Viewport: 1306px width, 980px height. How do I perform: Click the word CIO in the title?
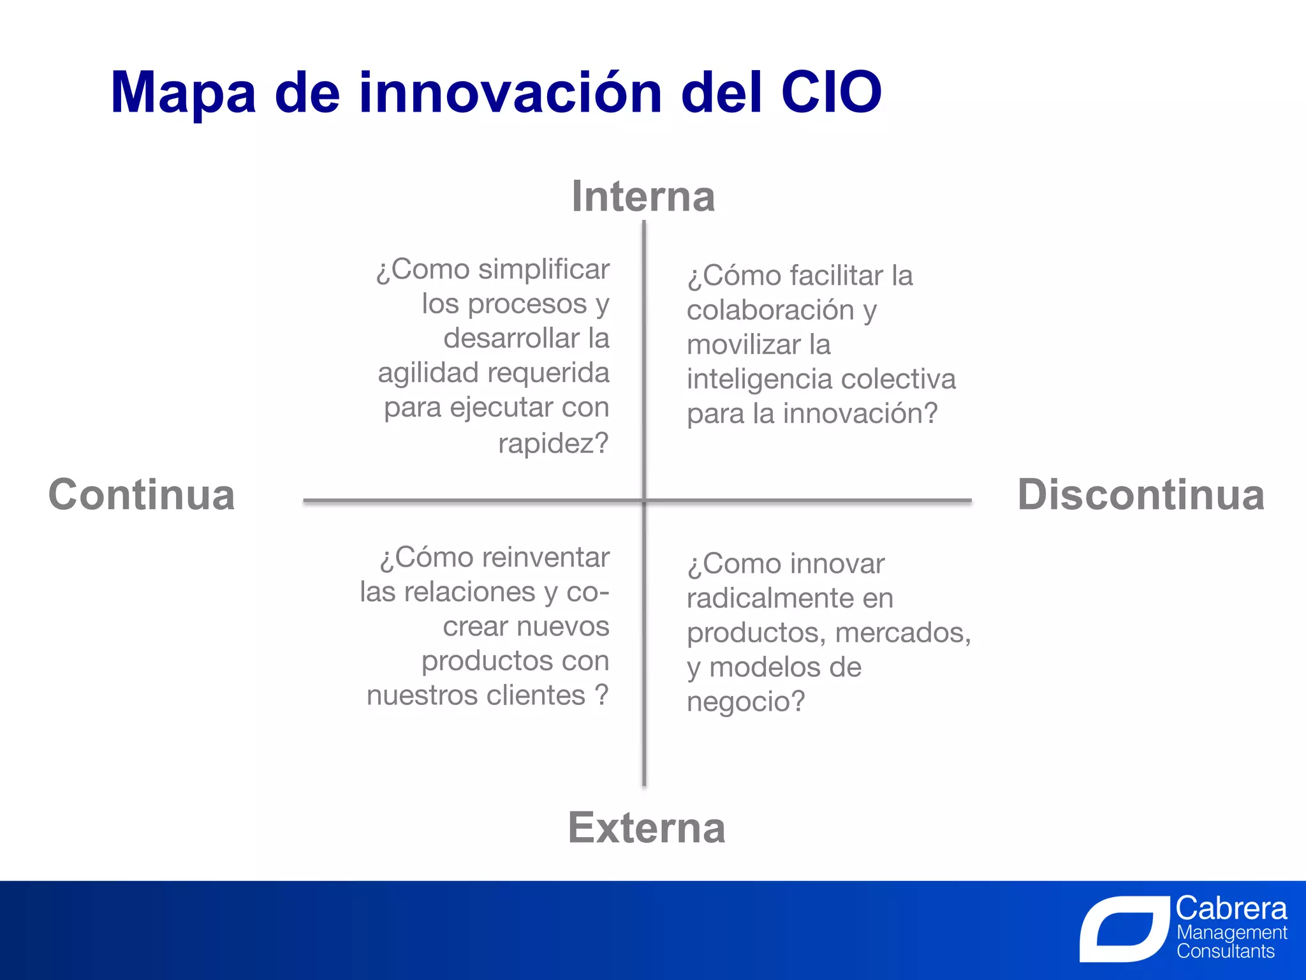pos(831,93)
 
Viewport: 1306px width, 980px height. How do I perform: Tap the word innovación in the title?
pos(510,93)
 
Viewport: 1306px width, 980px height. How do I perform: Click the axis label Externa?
pos(646,828)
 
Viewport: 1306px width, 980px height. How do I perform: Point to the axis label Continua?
pos(142,494)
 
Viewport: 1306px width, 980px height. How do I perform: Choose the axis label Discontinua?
pos(1140,494)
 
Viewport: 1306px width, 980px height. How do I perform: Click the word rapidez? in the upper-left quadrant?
pos(553,443)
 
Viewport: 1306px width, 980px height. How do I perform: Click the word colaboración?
pos(770,311)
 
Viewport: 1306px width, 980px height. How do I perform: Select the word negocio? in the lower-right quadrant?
pos(745,702)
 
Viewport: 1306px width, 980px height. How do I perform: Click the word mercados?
pos(902,633)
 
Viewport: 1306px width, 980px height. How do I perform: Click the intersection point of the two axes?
pos(644,501)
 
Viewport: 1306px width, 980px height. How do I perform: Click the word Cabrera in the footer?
pos(1231,908)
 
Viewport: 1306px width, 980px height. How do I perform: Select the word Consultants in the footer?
pos(1225,951)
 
